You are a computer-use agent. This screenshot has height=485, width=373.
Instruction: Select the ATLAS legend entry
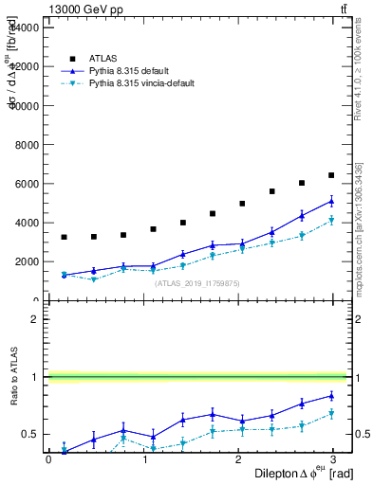102,58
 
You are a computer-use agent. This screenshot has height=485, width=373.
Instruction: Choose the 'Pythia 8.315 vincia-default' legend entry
142,83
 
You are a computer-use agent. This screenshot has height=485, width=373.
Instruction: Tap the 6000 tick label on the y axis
26,184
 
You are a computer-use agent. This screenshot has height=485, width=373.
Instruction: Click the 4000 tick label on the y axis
26,223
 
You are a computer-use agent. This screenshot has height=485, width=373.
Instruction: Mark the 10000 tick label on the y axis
23,106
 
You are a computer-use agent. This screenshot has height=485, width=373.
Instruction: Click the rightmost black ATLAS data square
331,175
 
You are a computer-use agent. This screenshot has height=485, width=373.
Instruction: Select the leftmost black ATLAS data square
65,237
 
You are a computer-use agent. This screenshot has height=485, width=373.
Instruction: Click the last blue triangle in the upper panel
331,201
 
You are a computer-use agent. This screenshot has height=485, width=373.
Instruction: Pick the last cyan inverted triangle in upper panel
331,221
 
